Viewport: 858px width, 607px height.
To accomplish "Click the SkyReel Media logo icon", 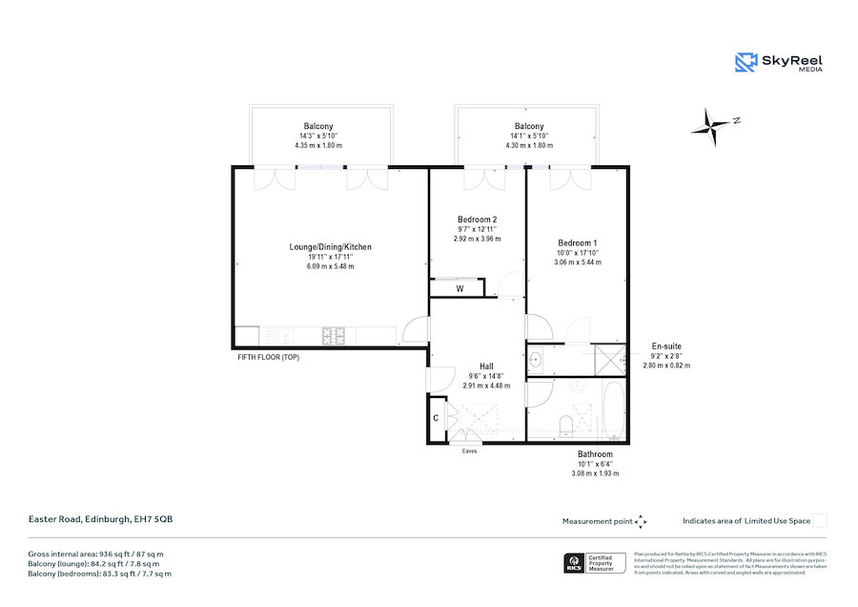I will [x=746, y=62].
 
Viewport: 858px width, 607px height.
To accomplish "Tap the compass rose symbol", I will [x=715, y=123].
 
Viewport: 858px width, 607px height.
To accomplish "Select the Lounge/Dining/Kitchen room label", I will [x=330, y=247].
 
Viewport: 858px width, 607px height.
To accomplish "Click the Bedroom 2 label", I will [x=476, y=220].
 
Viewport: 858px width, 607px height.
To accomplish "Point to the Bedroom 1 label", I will [x=578, y=242].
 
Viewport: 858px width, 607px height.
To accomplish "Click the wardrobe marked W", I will [x=459, y=287].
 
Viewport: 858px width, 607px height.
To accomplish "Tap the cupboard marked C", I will [x=436, y=418].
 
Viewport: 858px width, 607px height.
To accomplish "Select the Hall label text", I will [x=486, y=366].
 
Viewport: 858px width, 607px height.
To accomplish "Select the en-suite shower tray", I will [x=609, y=360].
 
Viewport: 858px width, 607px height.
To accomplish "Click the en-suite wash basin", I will [x=537, y=361].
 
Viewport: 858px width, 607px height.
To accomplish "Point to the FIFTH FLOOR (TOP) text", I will [x=269, y=357].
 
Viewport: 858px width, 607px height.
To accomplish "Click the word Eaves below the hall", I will [x=469, y=450].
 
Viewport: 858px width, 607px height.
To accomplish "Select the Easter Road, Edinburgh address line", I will [x=100, y=520].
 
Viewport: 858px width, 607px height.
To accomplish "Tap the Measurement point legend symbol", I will [x=641, y=521].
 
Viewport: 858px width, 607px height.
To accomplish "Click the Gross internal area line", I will [x=95, y=554].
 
